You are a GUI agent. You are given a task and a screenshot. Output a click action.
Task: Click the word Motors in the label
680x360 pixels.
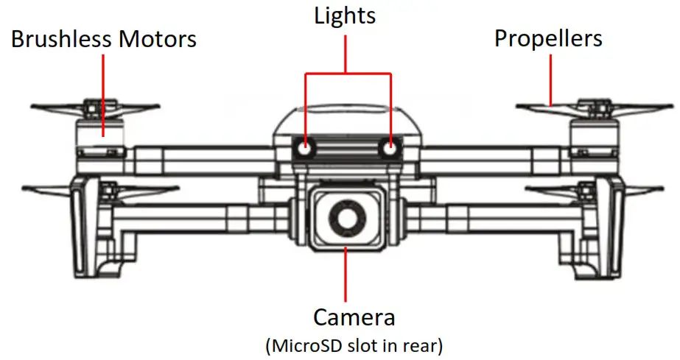click(156, 38)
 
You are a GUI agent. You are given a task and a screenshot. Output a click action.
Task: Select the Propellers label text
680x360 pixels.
click(548, 38)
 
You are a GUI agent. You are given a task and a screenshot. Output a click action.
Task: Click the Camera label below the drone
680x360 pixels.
click(354, 317)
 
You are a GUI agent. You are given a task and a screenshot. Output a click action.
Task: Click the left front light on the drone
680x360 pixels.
click(304, 149)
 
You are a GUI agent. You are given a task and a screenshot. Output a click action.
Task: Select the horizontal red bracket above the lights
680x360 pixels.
click(346, 74)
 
